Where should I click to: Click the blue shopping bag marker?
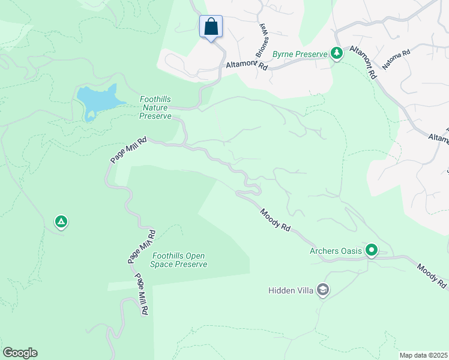pos(211,27)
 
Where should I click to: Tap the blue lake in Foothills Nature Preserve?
pos(96,100)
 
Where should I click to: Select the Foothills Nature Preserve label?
pos(155,107)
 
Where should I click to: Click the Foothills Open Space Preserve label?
pos(179,260)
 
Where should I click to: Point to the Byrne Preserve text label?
pos(300,54)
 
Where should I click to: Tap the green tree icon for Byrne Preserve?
pos(337,54)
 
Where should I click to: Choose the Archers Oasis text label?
pos(336,251)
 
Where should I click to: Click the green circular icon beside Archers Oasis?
pos(372,250)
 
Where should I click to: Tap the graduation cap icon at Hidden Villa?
pos(323,290)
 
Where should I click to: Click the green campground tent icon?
pos(61,223)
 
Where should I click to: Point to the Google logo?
pos(20,353)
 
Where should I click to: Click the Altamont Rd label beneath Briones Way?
pos(246,65)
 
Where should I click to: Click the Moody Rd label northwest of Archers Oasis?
pos(276,220)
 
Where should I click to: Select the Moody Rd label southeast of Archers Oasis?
pos(432,276)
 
